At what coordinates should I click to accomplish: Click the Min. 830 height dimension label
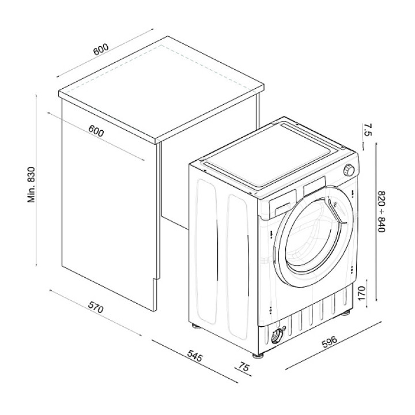click(32, 184)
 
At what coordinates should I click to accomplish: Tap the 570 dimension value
click(96, 308)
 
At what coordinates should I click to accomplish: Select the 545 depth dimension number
click(195, 356)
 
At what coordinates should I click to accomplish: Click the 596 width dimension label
click(329, 342)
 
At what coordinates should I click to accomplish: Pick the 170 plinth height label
click(361, 293)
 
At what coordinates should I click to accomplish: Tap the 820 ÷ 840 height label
click(381, 211)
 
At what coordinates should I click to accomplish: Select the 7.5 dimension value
click(368, 130)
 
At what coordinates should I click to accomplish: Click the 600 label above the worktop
click(101, 49)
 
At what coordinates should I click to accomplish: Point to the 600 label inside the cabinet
click(96, 131)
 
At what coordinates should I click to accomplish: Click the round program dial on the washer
click(349, 171)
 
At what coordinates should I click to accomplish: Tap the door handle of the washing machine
click(337, 212)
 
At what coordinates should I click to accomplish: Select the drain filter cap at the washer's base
click(277, 337)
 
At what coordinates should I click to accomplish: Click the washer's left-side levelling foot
click(195, 325)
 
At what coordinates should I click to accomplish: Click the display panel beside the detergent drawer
click(315, 186)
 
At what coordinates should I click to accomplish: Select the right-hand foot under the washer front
click(345, 312)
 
